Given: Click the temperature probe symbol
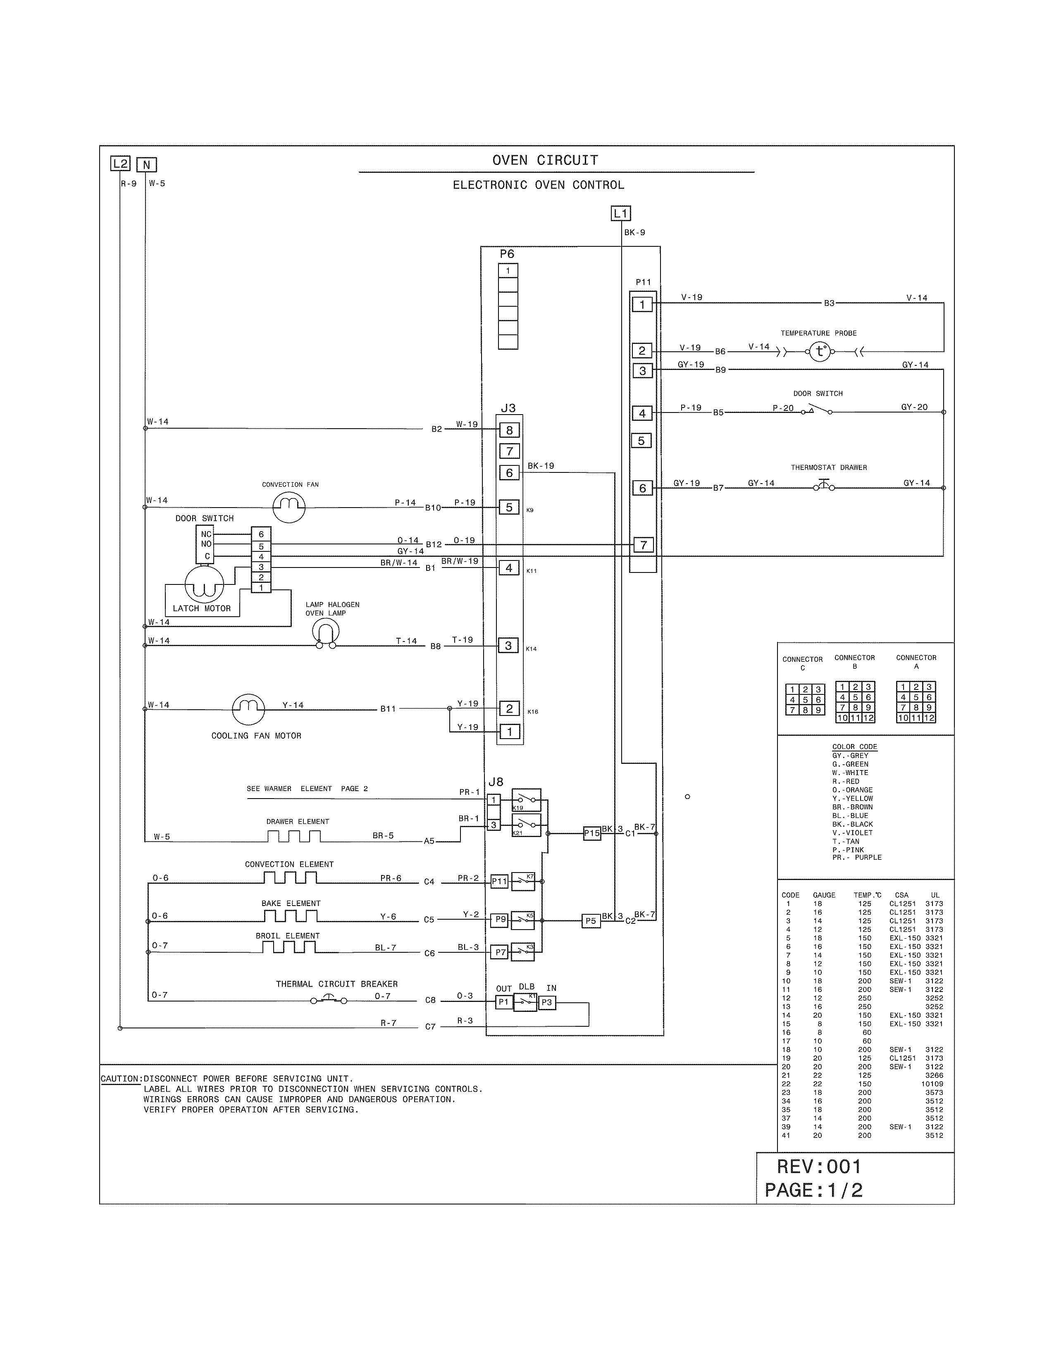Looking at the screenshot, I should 820,352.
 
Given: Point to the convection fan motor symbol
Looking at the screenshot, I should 289,506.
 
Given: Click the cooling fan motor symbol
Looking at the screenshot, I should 248,708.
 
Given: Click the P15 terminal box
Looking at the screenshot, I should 591,833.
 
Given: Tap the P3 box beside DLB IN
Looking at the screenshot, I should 547,1002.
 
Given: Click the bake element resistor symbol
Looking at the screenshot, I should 290,916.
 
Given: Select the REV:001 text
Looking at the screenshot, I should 818,1167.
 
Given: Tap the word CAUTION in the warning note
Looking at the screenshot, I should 121,1078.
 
